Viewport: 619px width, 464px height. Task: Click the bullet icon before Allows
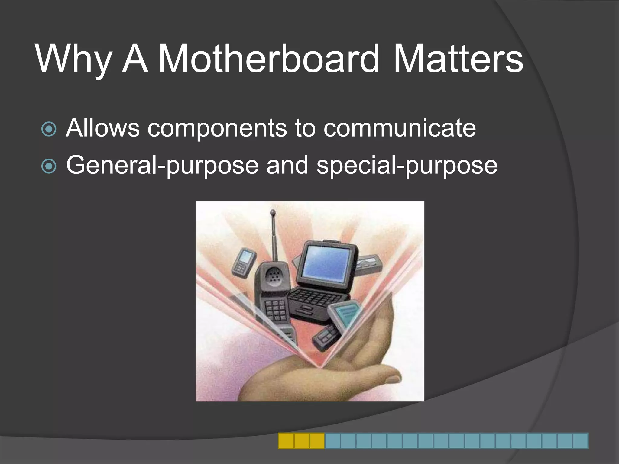pos(49,129)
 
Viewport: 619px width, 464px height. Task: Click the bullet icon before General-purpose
pos(49,166)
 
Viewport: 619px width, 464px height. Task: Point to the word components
pos(217,128)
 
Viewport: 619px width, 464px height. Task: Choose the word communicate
pos(399,128)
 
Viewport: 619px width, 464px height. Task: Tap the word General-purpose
pos(162,166)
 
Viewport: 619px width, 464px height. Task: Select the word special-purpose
pos(407,166)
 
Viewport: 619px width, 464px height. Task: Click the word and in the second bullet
pos(287,165)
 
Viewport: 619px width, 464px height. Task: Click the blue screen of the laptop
pos(326,263)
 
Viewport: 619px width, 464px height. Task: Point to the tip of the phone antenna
pos(273,212)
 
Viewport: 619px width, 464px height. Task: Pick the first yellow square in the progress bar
pos(286,441)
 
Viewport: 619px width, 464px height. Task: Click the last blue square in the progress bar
pos(580,441)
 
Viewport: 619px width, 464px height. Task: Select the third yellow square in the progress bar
pos(317,441)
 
